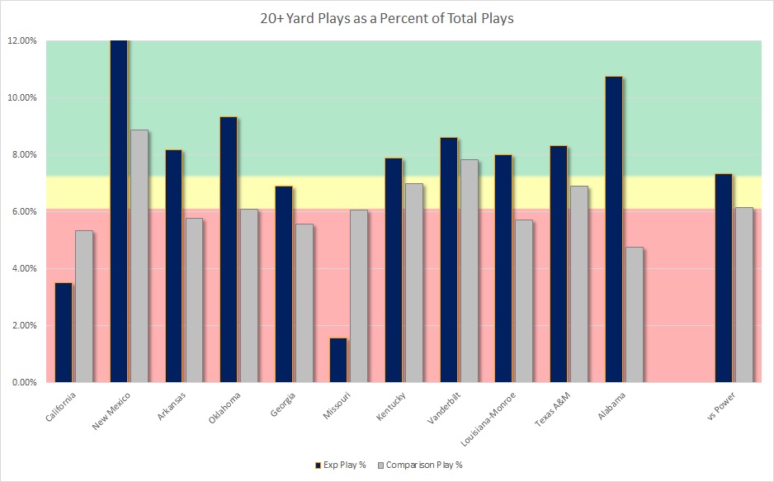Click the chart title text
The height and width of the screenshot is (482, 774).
tap(387, 18)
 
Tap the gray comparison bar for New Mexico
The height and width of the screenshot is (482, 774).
tap(139, 256)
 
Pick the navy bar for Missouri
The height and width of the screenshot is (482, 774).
tap(338, 360)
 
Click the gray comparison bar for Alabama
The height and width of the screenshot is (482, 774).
tap(635, 314)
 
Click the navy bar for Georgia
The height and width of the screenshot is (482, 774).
tap(283, 284)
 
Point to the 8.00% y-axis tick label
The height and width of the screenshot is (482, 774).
tap(22, 154)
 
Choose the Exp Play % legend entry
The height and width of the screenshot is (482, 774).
tap(341, 465)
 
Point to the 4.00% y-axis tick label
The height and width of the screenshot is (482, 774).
tap(22, 268)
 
